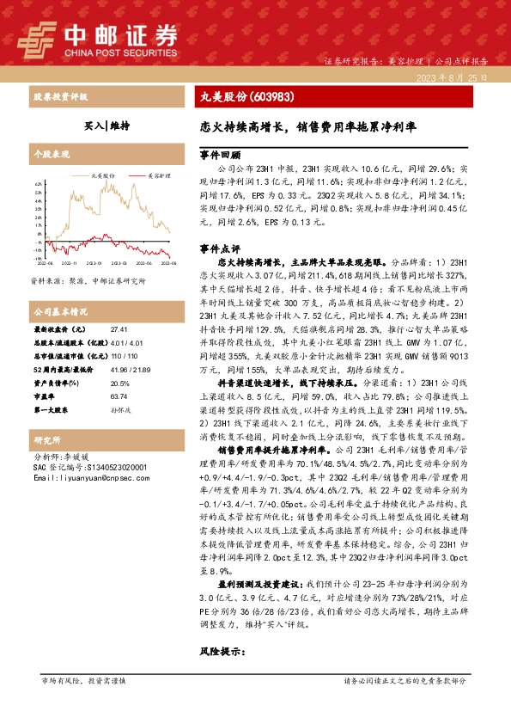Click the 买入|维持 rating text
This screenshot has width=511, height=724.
[106, 125]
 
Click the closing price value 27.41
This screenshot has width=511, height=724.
[119, 329]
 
